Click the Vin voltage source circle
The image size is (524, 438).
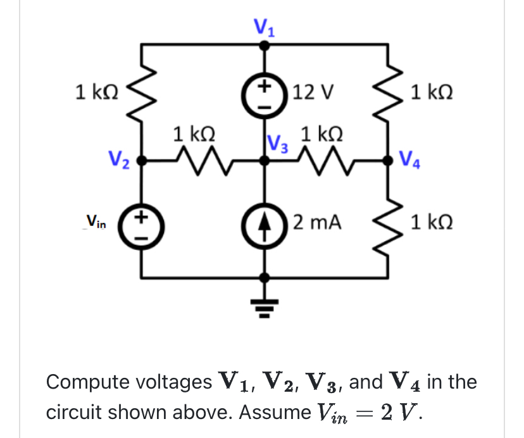[x=142, y=223]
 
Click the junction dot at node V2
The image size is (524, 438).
[x=142, y=161]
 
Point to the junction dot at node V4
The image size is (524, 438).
[x=387, y=161]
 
